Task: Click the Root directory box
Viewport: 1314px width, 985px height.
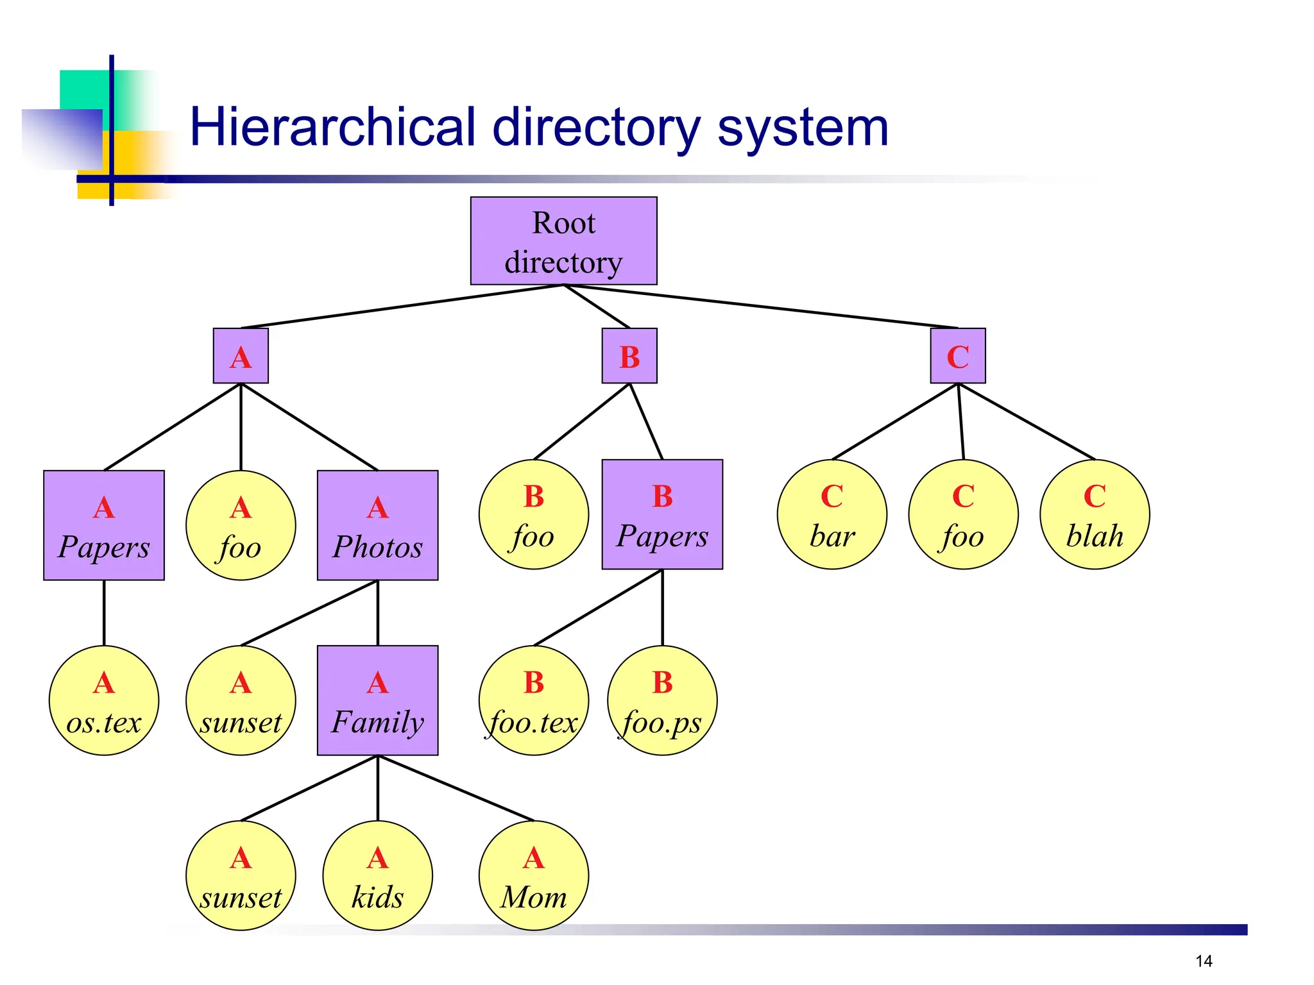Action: pyautogui.click(x=563, y=240)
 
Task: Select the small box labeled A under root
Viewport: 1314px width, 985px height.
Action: pyautogui.click(x=241, y=356)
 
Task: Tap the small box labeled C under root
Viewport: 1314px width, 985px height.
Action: pyautogui.click(x=958, y=356)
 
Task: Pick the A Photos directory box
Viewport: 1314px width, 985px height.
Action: pyautogui.click(x=377, y=525)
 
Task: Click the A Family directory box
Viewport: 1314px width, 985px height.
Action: pyautogui.click(x=377, y=700)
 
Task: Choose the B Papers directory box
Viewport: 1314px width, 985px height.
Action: pyautogui.click(x=662, y=514)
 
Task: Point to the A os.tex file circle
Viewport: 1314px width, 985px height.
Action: pyautogui.click(x=104, y=700)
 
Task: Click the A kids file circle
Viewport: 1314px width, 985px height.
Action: pyautogui.click(x=377, y=875)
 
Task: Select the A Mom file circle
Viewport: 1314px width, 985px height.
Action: pyautogui.click(x=534, y=875)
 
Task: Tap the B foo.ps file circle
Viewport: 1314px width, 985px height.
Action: pyautogui.click(x=662, y=700)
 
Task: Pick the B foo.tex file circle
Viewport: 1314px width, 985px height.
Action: pyautogui.click(x=534, y=700)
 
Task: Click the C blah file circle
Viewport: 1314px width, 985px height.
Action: pyautogui.click(x=1095, y=514)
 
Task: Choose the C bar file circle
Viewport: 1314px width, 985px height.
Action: pyautogui.click(x=832, y=514)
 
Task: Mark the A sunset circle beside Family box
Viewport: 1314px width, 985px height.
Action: pyautogui.click(x=241, y=700)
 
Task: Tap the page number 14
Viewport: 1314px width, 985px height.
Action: pyautogui.click(x=1204, y=961)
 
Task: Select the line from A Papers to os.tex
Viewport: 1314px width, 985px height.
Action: pyautogui.click(x=104, y=612)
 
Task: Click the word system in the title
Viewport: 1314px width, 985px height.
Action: pyautogui.click(x=802, y=128)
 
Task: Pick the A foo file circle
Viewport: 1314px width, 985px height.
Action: pyautogui.click(x=241, y=525)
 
